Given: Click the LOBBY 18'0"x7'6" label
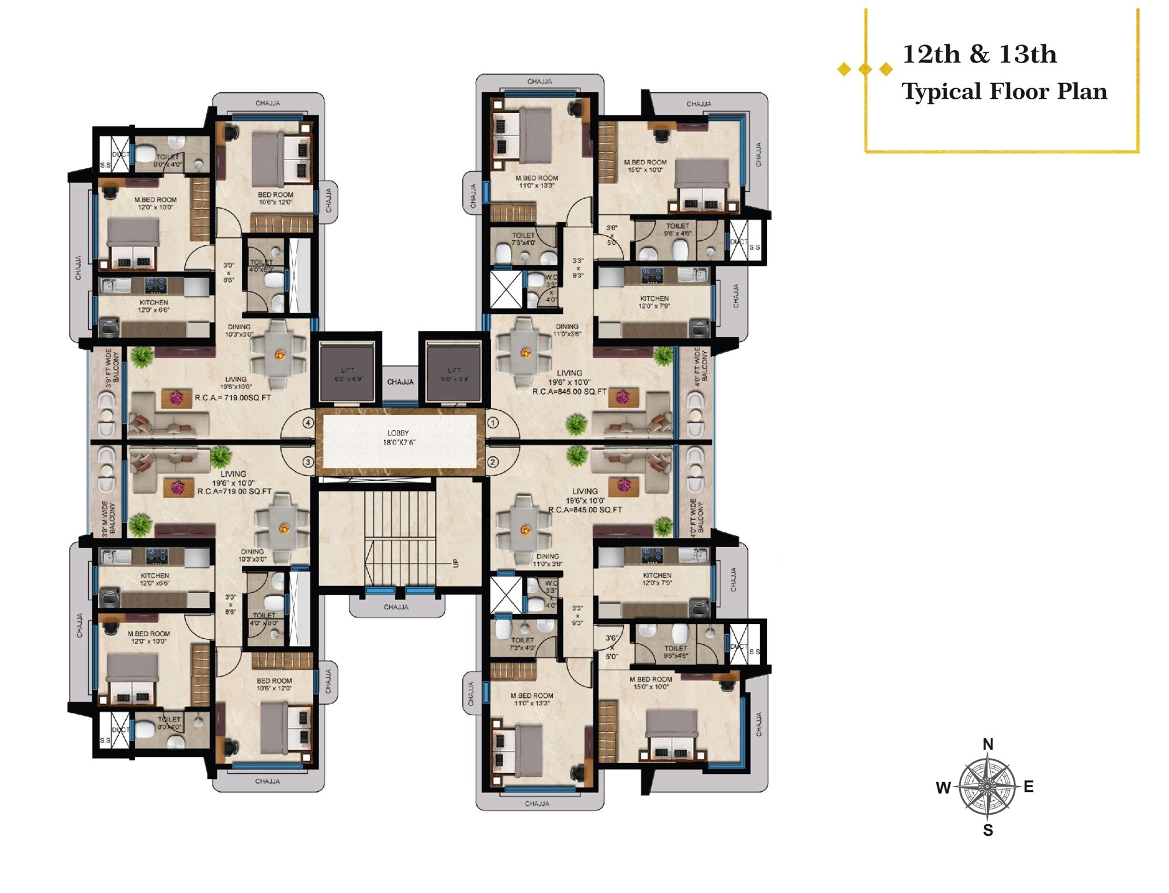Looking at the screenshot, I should click(398, 438).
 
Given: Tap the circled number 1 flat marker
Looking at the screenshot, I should click(493, 423).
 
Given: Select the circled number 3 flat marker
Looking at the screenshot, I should click(308, 462).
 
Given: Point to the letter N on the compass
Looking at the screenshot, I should click(988, 745).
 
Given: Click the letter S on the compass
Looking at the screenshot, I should click(988, 830).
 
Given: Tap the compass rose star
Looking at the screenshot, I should click(987, 787).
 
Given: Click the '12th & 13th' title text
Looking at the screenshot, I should click(980, 54).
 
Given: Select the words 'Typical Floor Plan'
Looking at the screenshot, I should click(1004, 92).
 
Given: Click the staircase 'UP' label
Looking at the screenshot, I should click(455, 563).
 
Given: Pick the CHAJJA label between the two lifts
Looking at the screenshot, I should click(400, 382).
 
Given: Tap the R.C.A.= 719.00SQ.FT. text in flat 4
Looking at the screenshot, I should click(234, 398).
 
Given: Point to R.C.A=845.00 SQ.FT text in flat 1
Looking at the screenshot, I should click(569, 392).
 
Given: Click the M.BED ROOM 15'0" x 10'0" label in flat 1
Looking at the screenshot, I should click(645, 166).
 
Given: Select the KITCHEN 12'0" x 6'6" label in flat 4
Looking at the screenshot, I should click(154, 306).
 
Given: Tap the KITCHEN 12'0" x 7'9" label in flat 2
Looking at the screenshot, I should click(657, 579).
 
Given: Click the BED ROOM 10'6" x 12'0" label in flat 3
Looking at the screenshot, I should click(274, 684).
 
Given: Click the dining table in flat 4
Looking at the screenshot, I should click(279, 354).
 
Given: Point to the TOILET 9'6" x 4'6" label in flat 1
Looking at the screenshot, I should click(677, 230).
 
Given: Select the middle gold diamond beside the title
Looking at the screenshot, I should click(865, 70).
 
